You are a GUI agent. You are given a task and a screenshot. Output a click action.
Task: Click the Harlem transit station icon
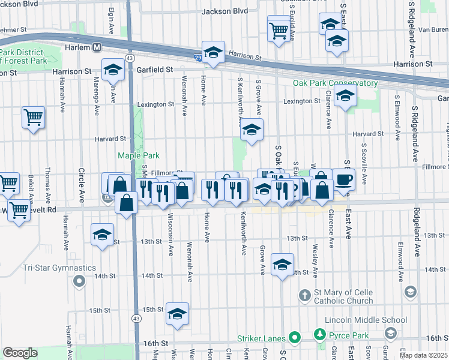96,46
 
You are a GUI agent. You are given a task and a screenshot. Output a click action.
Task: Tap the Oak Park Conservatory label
335,83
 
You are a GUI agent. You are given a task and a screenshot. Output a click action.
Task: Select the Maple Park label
137,155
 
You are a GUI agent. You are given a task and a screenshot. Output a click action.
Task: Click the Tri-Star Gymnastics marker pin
79,281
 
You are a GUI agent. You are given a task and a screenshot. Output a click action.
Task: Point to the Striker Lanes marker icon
294,338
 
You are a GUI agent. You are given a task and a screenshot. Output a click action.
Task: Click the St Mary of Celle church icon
304,295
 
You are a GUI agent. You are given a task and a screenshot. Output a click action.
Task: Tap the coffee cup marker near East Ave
343,179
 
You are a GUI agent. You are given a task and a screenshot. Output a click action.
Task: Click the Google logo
20,352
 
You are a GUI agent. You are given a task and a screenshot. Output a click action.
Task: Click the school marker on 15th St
177,314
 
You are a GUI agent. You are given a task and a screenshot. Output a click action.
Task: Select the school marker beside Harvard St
252,130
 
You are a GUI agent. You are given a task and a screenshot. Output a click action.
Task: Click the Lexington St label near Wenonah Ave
155,104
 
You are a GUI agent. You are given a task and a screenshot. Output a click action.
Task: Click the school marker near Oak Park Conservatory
345,95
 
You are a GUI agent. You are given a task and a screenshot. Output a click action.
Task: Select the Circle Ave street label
82,185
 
